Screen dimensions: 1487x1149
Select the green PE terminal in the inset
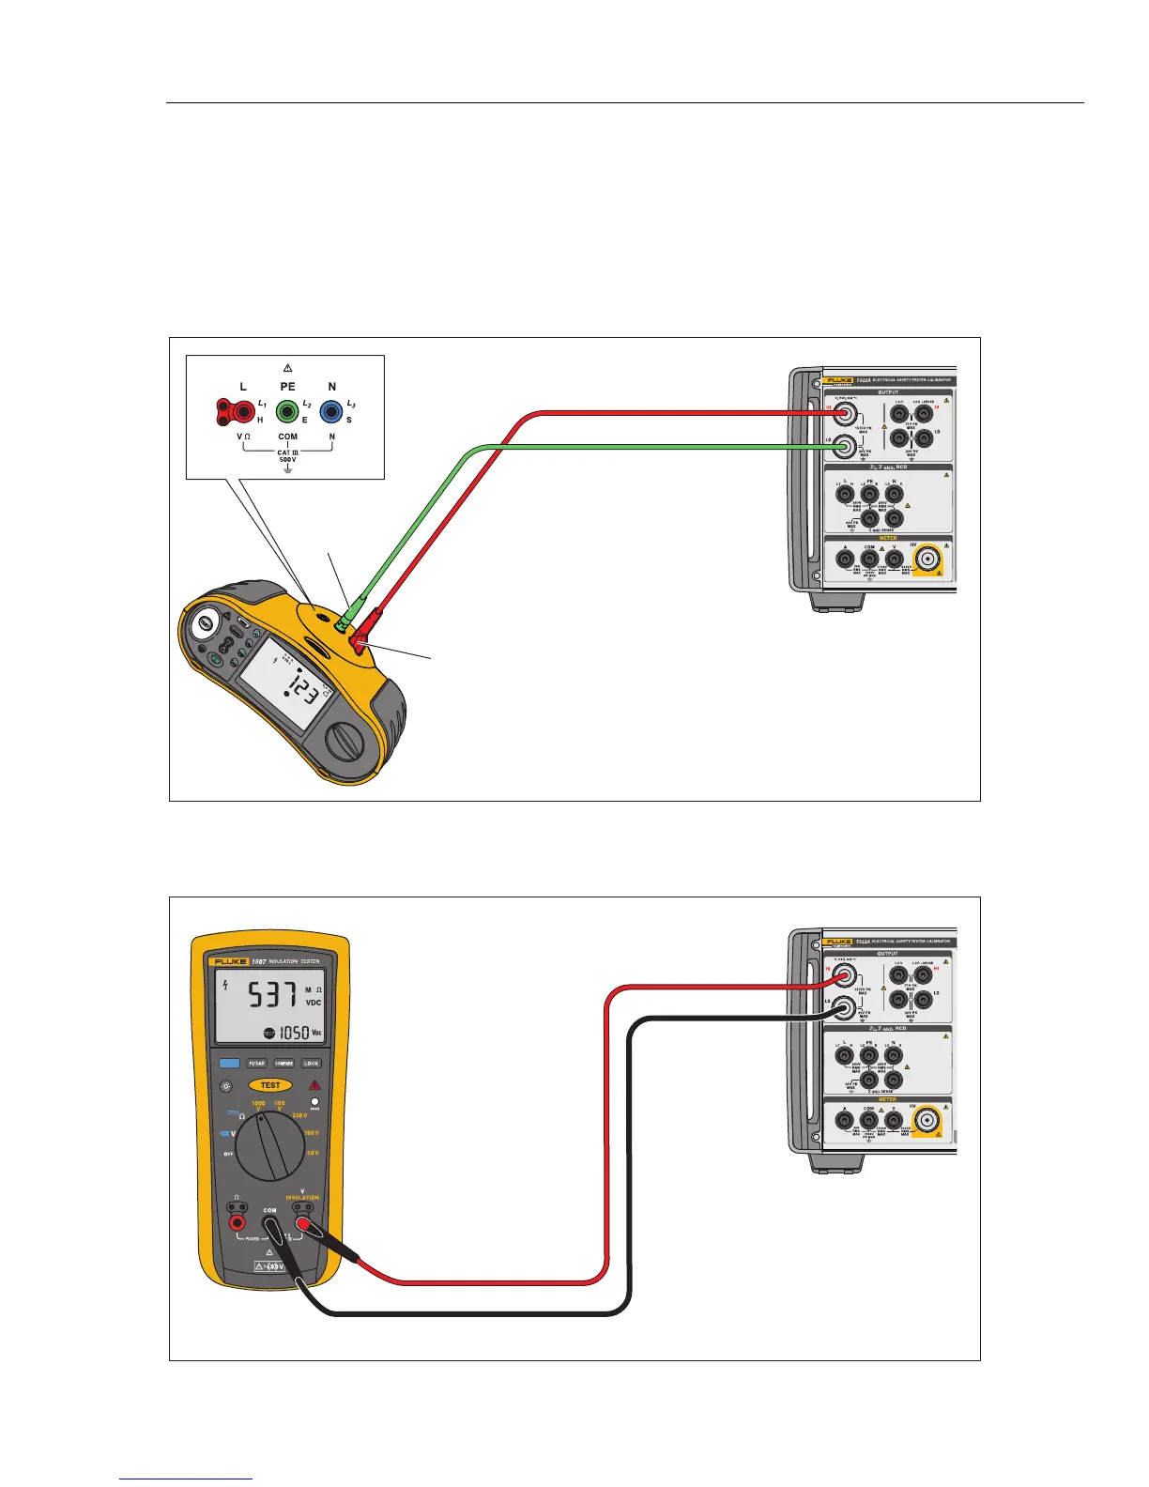point(286,411)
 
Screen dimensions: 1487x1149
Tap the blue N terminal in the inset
point(330,411)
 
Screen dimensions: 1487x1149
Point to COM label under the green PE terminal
point(287,437)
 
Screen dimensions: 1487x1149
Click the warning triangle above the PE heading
point(287,368)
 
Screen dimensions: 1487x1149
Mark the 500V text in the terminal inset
point(287,460)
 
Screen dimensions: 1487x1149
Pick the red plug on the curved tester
point(360,641)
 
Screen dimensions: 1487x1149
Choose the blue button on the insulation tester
point(229,1064)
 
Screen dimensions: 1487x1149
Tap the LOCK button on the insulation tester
point(312,1064)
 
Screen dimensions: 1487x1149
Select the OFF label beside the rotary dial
point(228,1154)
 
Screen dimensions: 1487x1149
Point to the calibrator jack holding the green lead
point(845,447)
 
